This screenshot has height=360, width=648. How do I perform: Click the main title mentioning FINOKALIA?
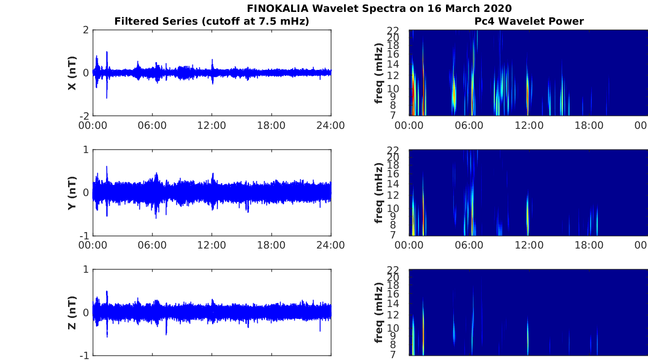coord(379,8)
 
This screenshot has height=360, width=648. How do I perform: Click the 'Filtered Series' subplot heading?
coord(212,21)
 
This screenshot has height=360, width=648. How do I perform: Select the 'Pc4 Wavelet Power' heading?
coord(529,21)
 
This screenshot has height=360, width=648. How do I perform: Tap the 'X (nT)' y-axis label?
coord(72,73)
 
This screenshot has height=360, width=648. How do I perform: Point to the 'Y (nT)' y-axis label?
coord(72,193)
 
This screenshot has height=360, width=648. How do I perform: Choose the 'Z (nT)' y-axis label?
coord(72,312)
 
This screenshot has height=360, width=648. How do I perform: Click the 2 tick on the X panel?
coord(85,30)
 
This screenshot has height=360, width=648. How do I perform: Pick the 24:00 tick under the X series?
coord(330,126)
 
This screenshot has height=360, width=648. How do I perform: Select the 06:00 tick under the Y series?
coord(152,245)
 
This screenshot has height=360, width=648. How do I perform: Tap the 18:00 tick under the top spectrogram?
coord(589,126)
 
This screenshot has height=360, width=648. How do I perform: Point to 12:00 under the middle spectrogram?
coord(529,245)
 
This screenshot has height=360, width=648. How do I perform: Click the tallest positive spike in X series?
coord(107,52)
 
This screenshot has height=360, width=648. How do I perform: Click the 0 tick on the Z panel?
coord(85,312)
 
